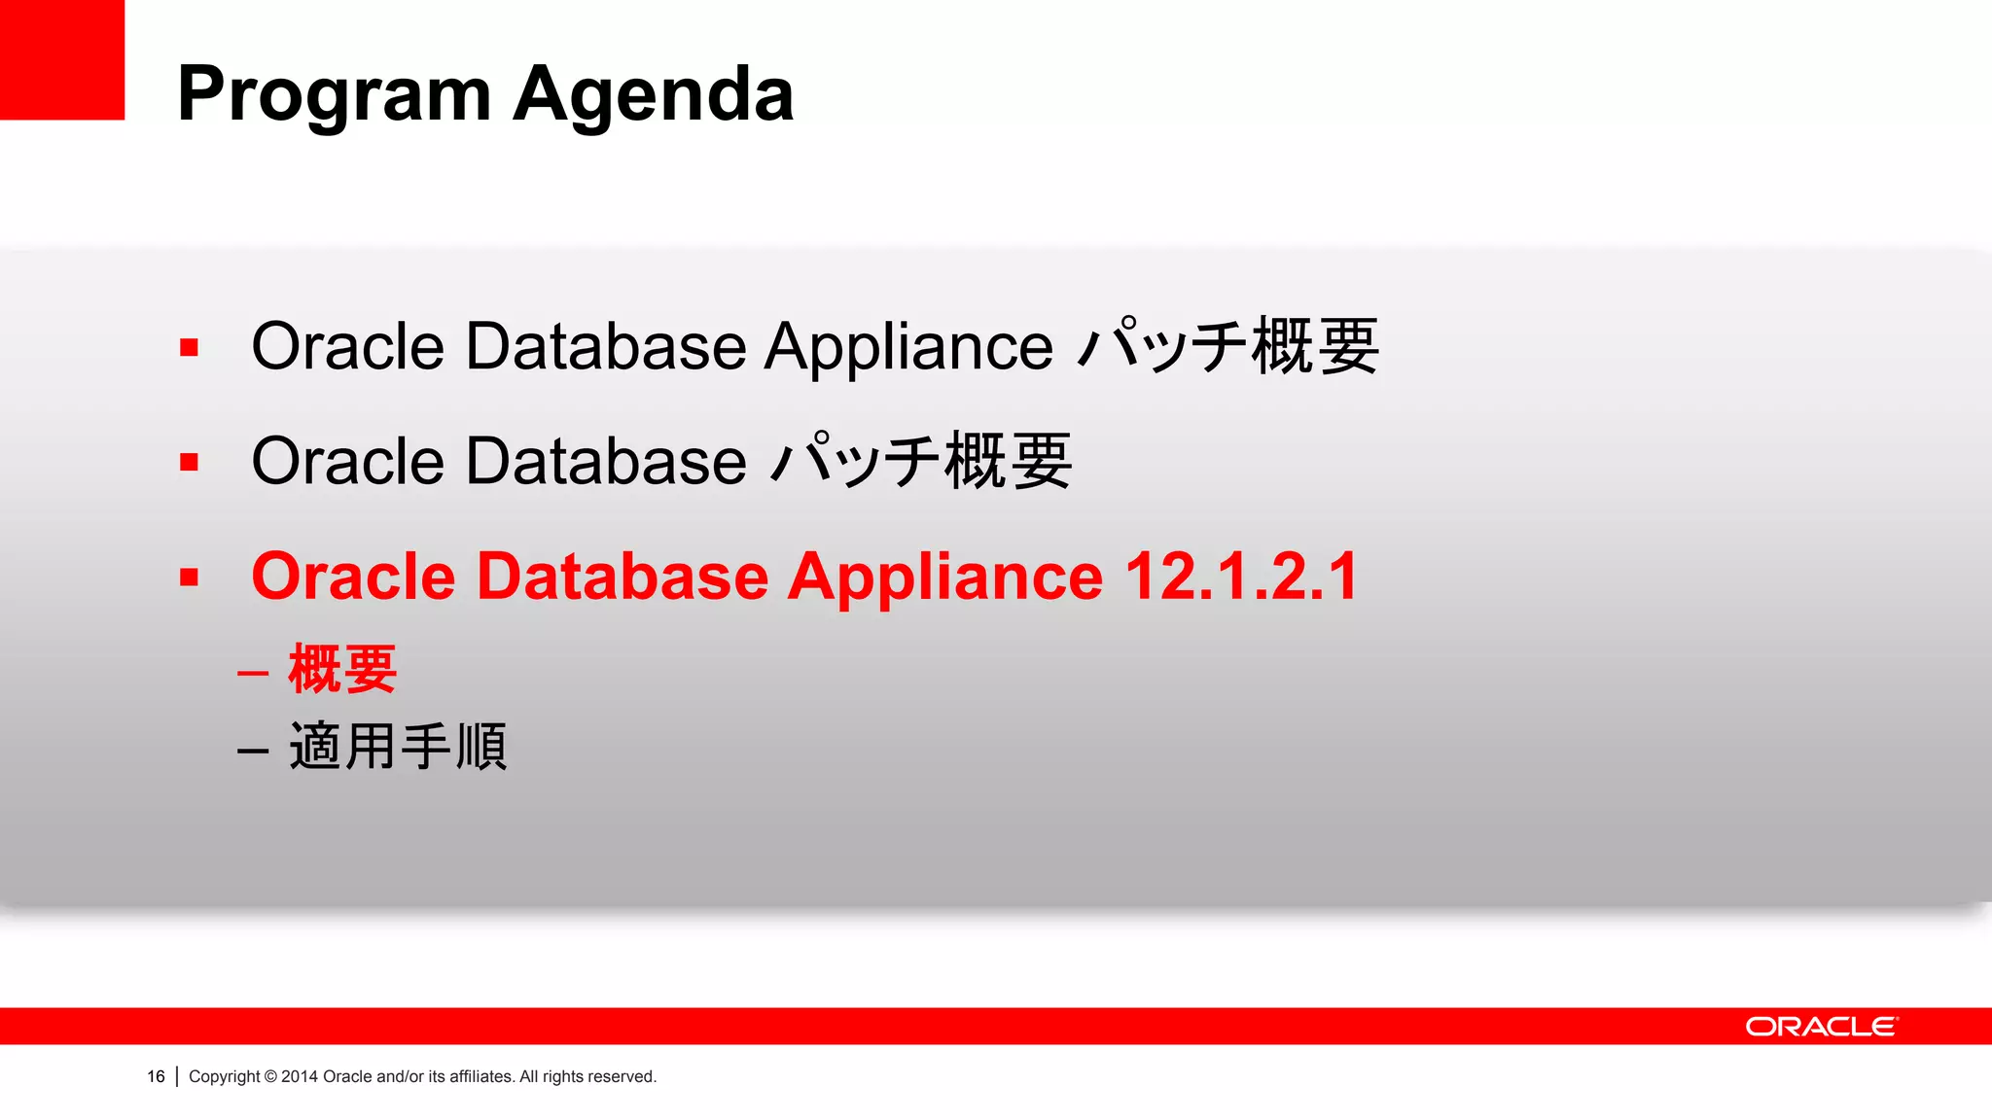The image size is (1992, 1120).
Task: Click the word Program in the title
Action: click(x=335, y=95)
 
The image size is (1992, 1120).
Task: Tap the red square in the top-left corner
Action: click(x=61, y=58)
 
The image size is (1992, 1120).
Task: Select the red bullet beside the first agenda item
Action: click(x=189, y=347)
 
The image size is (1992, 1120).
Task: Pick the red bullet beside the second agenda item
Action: click(x=189, y=462)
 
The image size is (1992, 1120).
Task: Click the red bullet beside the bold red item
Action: click(x=189, y=577)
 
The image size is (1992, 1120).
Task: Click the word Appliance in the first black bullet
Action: click(x=907, y=347)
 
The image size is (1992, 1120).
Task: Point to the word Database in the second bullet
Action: click(x=605, y=462)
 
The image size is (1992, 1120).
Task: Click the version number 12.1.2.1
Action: click(x=1241, y=577)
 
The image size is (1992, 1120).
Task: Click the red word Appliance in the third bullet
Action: click(x=944, y=577)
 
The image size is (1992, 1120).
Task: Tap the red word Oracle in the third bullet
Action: click(x=353, y=577)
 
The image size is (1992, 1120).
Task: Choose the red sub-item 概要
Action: click(x=342, y=669)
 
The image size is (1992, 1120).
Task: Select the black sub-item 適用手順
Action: click(x=398, y=747)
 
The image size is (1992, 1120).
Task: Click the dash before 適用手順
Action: click(x=253, y=751)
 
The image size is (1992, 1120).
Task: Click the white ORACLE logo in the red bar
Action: click(x=1821, y=1027)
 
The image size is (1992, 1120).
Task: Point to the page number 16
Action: click(x=156, y=1076)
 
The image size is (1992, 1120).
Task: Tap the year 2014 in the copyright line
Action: click(x=300, y=1076)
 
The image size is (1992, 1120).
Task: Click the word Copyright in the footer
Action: click(x=225, y=1076)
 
